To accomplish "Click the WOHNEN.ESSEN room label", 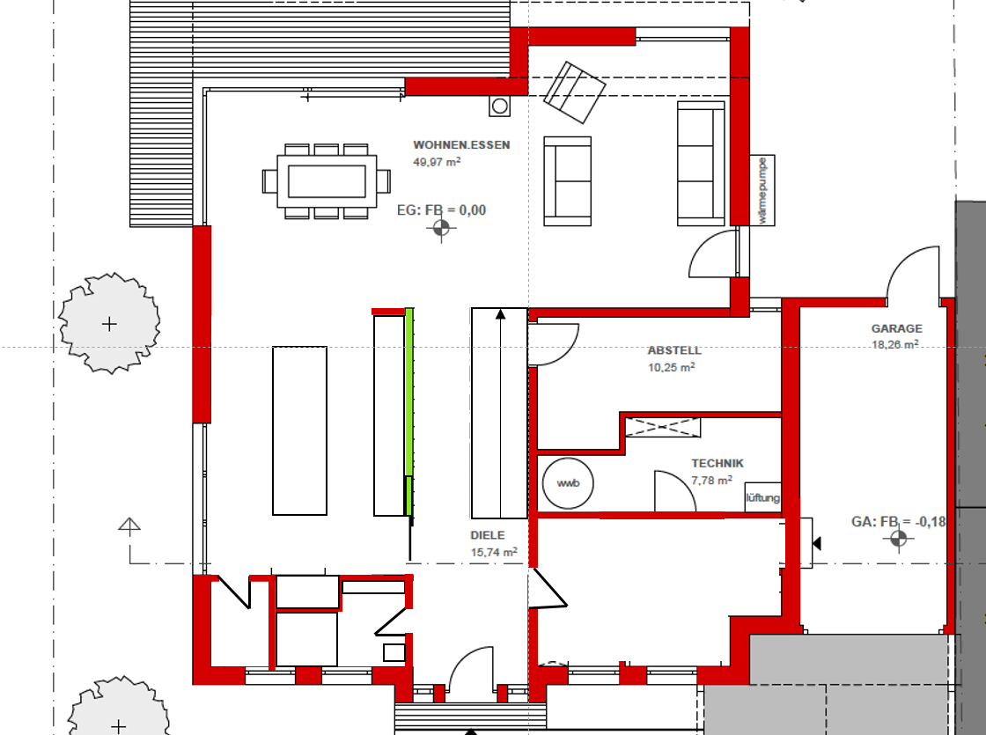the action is pyautogui.click(x=461, y=144).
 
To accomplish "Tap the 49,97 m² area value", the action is pyautogui.click(x=437, y=162).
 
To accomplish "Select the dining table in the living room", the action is pyautogui.click(x=327, y=181).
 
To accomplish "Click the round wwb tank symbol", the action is pyautogui.click(x=568, y=483).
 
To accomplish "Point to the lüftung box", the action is pyautogui.click(x=762, y=497).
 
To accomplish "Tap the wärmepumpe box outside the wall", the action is pyautogui.click(x=762, y=190).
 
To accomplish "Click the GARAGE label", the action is pyautogui.click(x=897, y=328).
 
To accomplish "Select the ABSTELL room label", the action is pyautogui.click(x=674, y=350).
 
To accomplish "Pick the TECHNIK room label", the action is pyautogui.click(x=717, y=463).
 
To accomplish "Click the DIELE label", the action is pyautogui.click(x=488, y=535).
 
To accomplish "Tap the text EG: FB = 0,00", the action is pyautogui.click(x=441, y=210).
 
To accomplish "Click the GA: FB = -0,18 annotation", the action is pyautogui.click(x=899, y=522).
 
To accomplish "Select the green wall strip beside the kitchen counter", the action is pyautogui.click(x=408, y=412).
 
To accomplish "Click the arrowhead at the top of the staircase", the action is pyautogui.click(x=501, y=313).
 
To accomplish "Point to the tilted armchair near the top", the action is pyautogui.click(x=574, y=92).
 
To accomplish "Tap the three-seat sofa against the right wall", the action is pyautogui.click(x=701, y=164).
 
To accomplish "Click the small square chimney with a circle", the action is pyautogui.click(x=500, y=106).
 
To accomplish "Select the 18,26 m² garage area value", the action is pyautogui.click(x=894, y=344).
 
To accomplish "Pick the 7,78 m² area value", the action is pyautogui.click(x=711, y=481).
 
